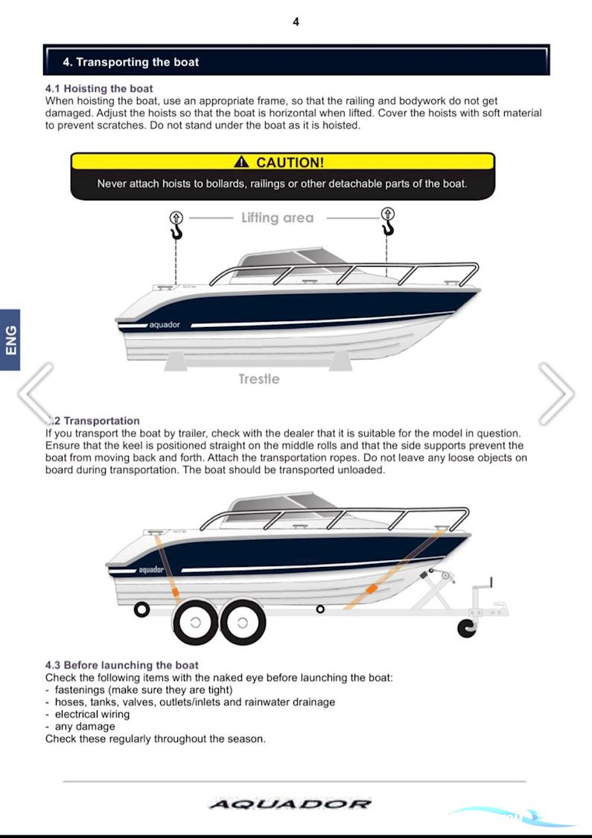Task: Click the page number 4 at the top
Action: (x=296, y=22)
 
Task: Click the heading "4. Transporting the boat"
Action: (x=131, y=63)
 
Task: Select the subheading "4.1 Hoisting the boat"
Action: (x=99, y=89)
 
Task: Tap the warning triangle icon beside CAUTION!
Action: (x=241, y=162)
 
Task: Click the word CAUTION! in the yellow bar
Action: (x=290, y=162)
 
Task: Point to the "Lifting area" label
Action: (x=277, y=218)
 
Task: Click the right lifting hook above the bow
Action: (x=387, y=223)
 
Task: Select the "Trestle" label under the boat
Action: (x=258, y=379)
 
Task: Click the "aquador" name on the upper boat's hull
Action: (x=165, y=325)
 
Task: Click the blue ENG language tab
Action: (x=10, y=340)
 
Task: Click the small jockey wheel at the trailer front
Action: (x=467, y=626)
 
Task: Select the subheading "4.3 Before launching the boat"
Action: (x=122, y=665)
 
